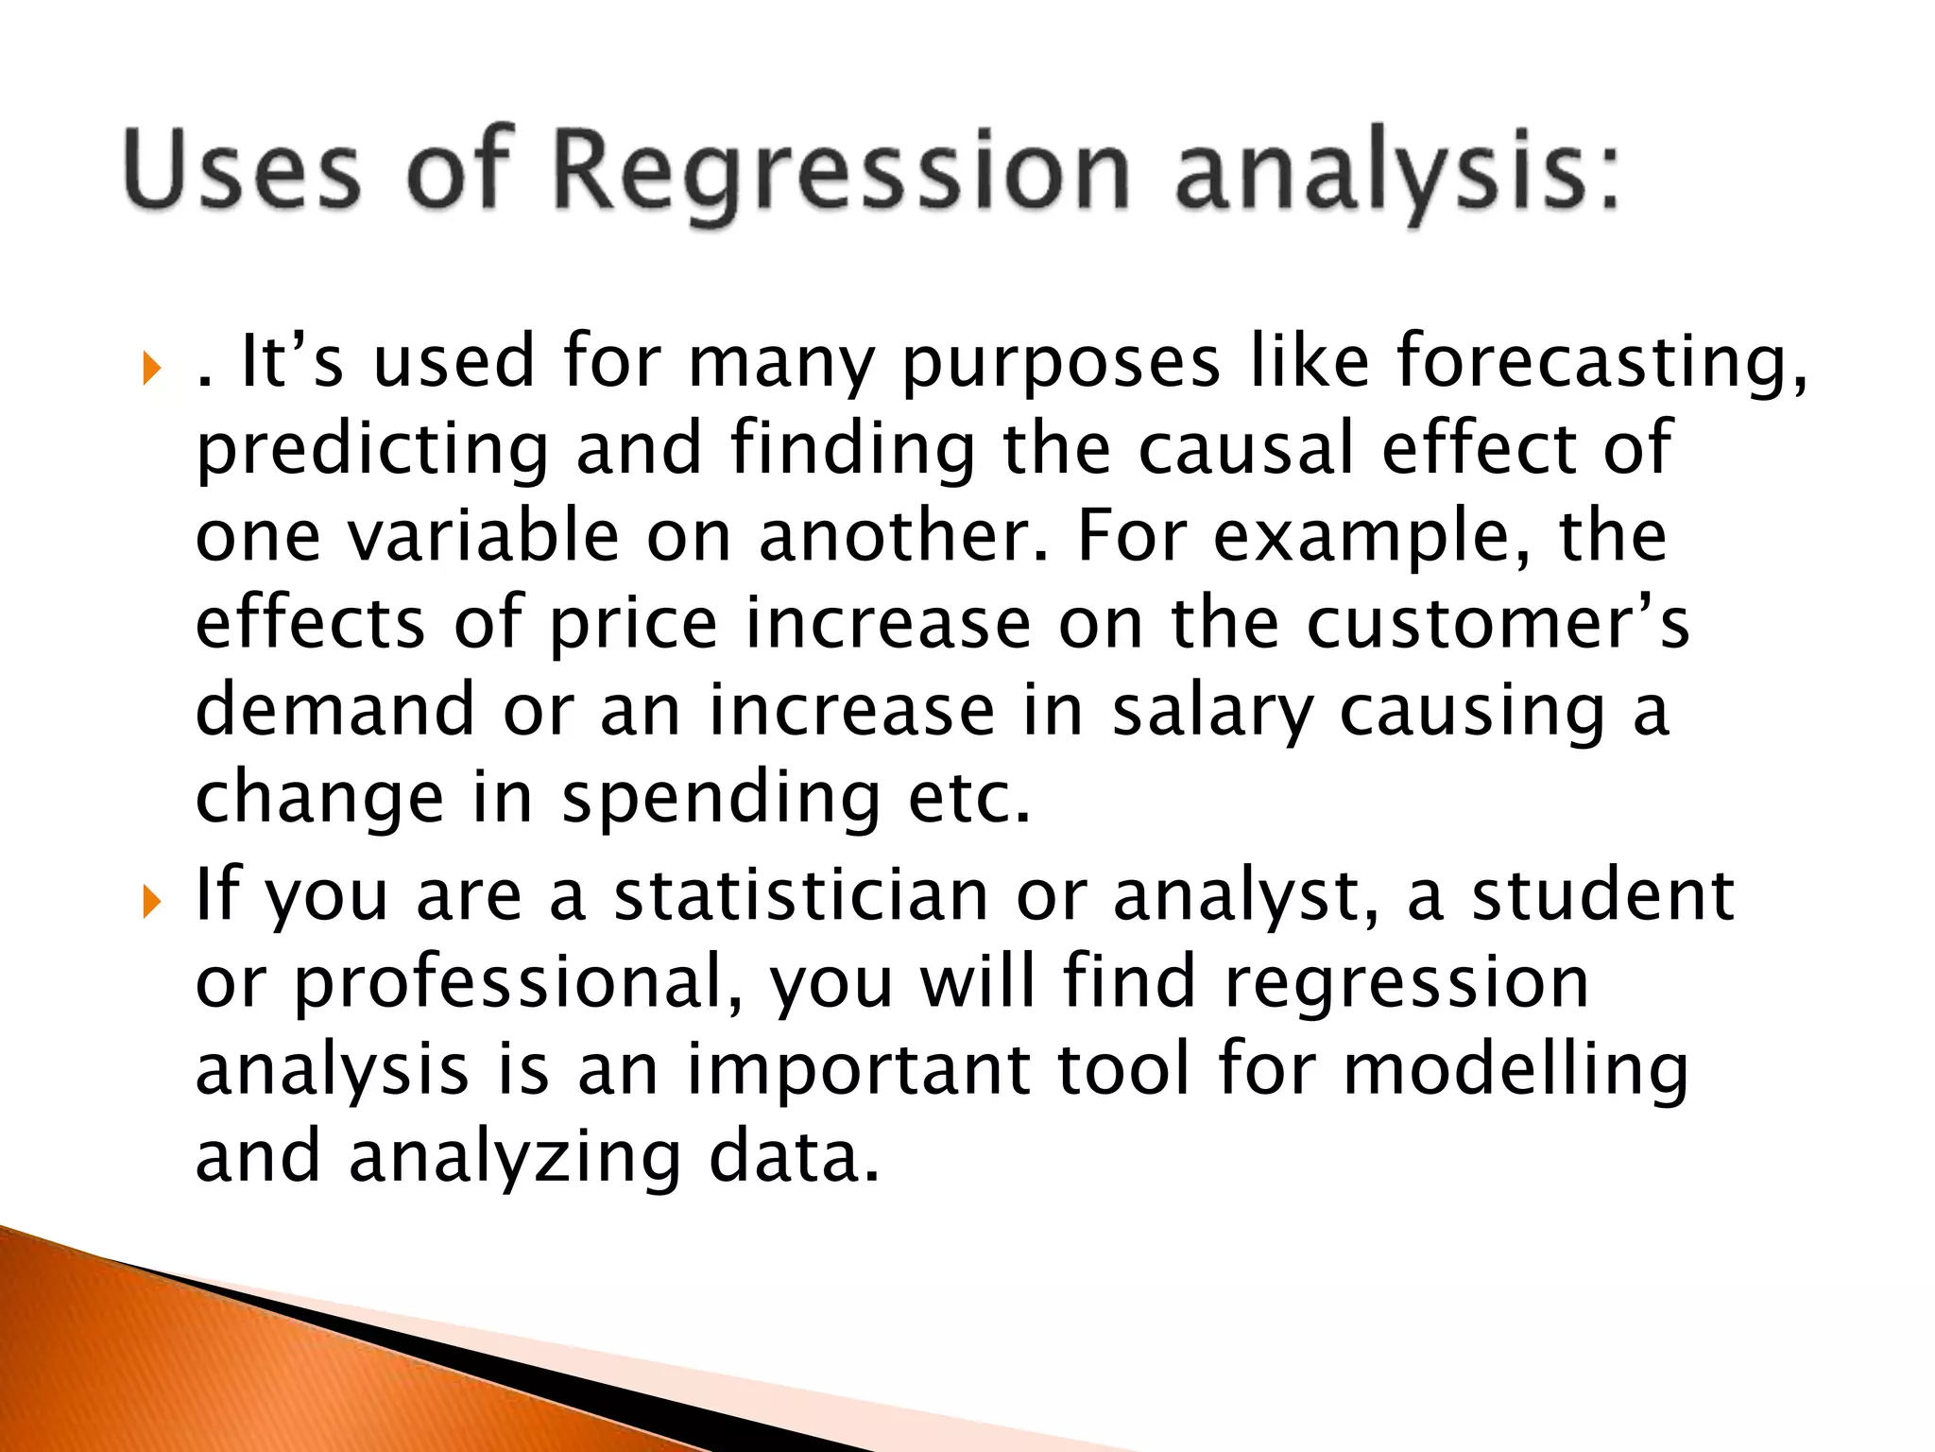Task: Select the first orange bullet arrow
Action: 152,368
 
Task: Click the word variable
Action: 483,535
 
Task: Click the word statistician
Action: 800,894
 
